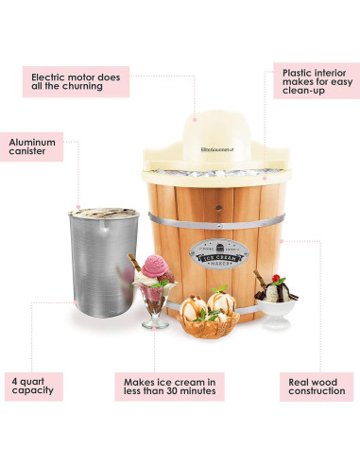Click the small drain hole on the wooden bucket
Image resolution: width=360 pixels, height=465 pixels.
214,202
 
